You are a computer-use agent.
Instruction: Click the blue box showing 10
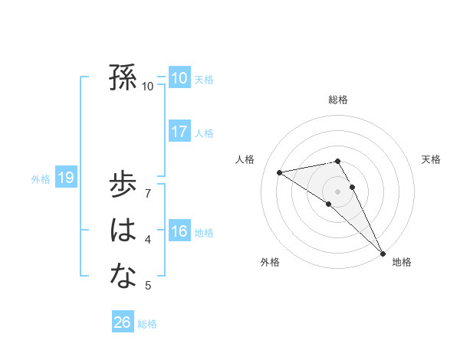point(179,77)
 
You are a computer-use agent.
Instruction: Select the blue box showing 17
point(179,131)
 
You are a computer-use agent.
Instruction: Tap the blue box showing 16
point(179,231)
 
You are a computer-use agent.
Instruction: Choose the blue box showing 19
point(65,178)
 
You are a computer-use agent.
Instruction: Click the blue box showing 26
point(122,322)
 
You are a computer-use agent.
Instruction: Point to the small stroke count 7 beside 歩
point(148,192)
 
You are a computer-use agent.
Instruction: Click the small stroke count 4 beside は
point(148,240)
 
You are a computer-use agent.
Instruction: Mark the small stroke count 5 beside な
point(148,286)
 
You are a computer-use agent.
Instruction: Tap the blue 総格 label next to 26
point(147,324)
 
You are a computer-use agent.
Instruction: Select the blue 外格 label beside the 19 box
point(41,180)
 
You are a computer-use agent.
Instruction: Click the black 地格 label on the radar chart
point(402,263)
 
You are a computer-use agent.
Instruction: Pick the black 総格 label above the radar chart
point(338,100)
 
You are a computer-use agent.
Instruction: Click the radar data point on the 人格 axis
point(279,172)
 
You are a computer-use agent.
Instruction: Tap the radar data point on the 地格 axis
point(382,253)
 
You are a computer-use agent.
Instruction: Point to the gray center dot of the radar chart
point(337,191)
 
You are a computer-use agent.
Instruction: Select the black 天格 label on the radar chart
point(431,159)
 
